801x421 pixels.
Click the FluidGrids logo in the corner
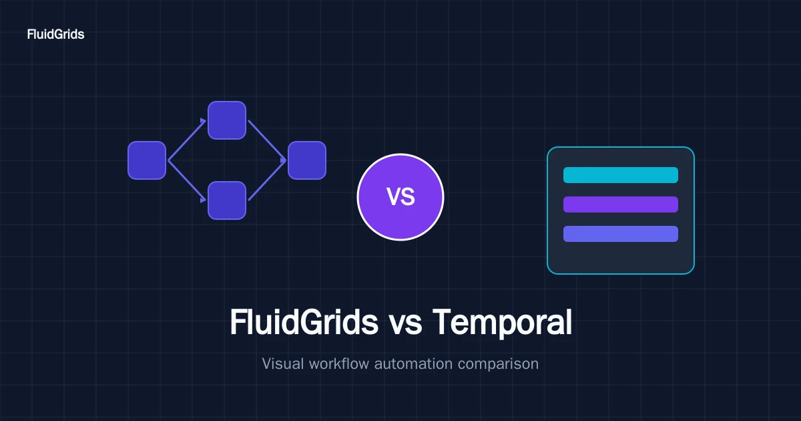[x=55, y=34]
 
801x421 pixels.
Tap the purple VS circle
[x=400, y=197]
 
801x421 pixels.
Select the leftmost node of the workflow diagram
[x=147, y=160]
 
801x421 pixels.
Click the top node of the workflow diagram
[x=227, y=120]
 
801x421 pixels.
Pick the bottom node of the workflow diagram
[x=227, y=200]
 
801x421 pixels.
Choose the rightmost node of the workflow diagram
[x=307, y=160]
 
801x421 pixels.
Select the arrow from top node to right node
[x=267, y=141]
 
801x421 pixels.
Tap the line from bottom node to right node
[x=267, y=180]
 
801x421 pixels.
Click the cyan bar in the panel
[x=621, y=175]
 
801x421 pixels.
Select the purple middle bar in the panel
[x=621, y=204]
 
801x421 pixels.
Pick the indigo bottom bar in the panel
[x=621, y=234]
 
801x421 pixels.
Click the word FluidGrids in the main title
[x=304, y=322]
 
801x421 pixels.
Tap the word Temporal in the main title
[x=503, y=323]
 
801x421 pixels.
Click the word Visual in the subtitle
[x=283, y=364]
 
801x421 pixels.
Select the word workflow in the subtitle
[x=339, y=364]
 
